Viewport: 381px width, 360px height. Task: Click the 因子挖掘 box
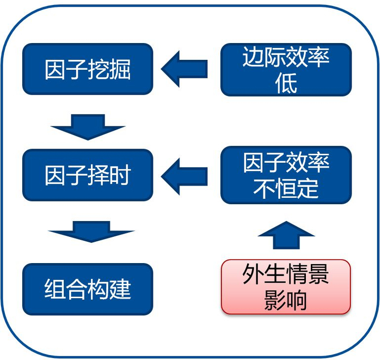pos(88,69)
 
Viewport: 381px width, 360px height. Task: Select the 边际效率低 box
pos(286,70)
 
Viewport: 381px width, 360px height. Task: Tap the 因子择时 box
pos(88,175)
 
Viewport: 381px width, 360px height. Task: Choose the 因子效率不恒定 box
pos(286,175)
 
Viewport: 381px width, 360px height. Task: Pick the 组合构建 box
pos(88,289)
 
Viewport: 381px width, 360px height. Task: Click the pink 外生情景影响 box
pos(286,287)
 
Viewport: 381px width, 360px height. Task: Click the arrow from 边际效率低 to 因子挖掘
pos(184,69)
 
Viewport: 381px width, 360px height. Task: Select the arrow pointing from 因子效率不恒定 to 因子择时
pos(184,176)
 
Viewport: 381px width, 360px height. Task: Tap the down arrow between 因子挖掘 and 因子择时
pos(88,127)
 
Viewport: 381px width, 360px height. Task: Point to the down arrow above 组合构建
pos(91,231)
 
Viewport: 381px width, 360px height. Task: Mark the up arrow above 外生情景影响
pos(286,235)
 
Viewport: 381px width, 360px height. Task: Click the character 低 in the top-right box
pos(286,83)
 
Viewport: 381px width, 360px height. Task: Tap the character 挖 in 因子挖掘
pos(99,69)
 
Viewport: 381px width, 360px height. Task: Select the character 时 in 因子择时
pos(120,175)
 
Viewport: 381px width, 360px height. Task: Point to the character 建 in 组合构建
pos(120,289)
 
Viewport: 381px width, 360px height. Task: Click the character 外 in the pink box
pos(253,274)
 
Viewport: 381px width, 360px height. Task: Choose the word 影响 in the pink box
pos(286,300)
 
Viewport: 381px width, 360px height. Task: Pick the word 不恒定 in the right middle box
pos(286,188)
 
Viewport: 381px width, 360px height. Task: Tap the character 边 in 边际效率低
pos(253,57)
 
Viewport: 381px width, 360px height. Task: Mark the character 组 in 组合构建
pos(55,289)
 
